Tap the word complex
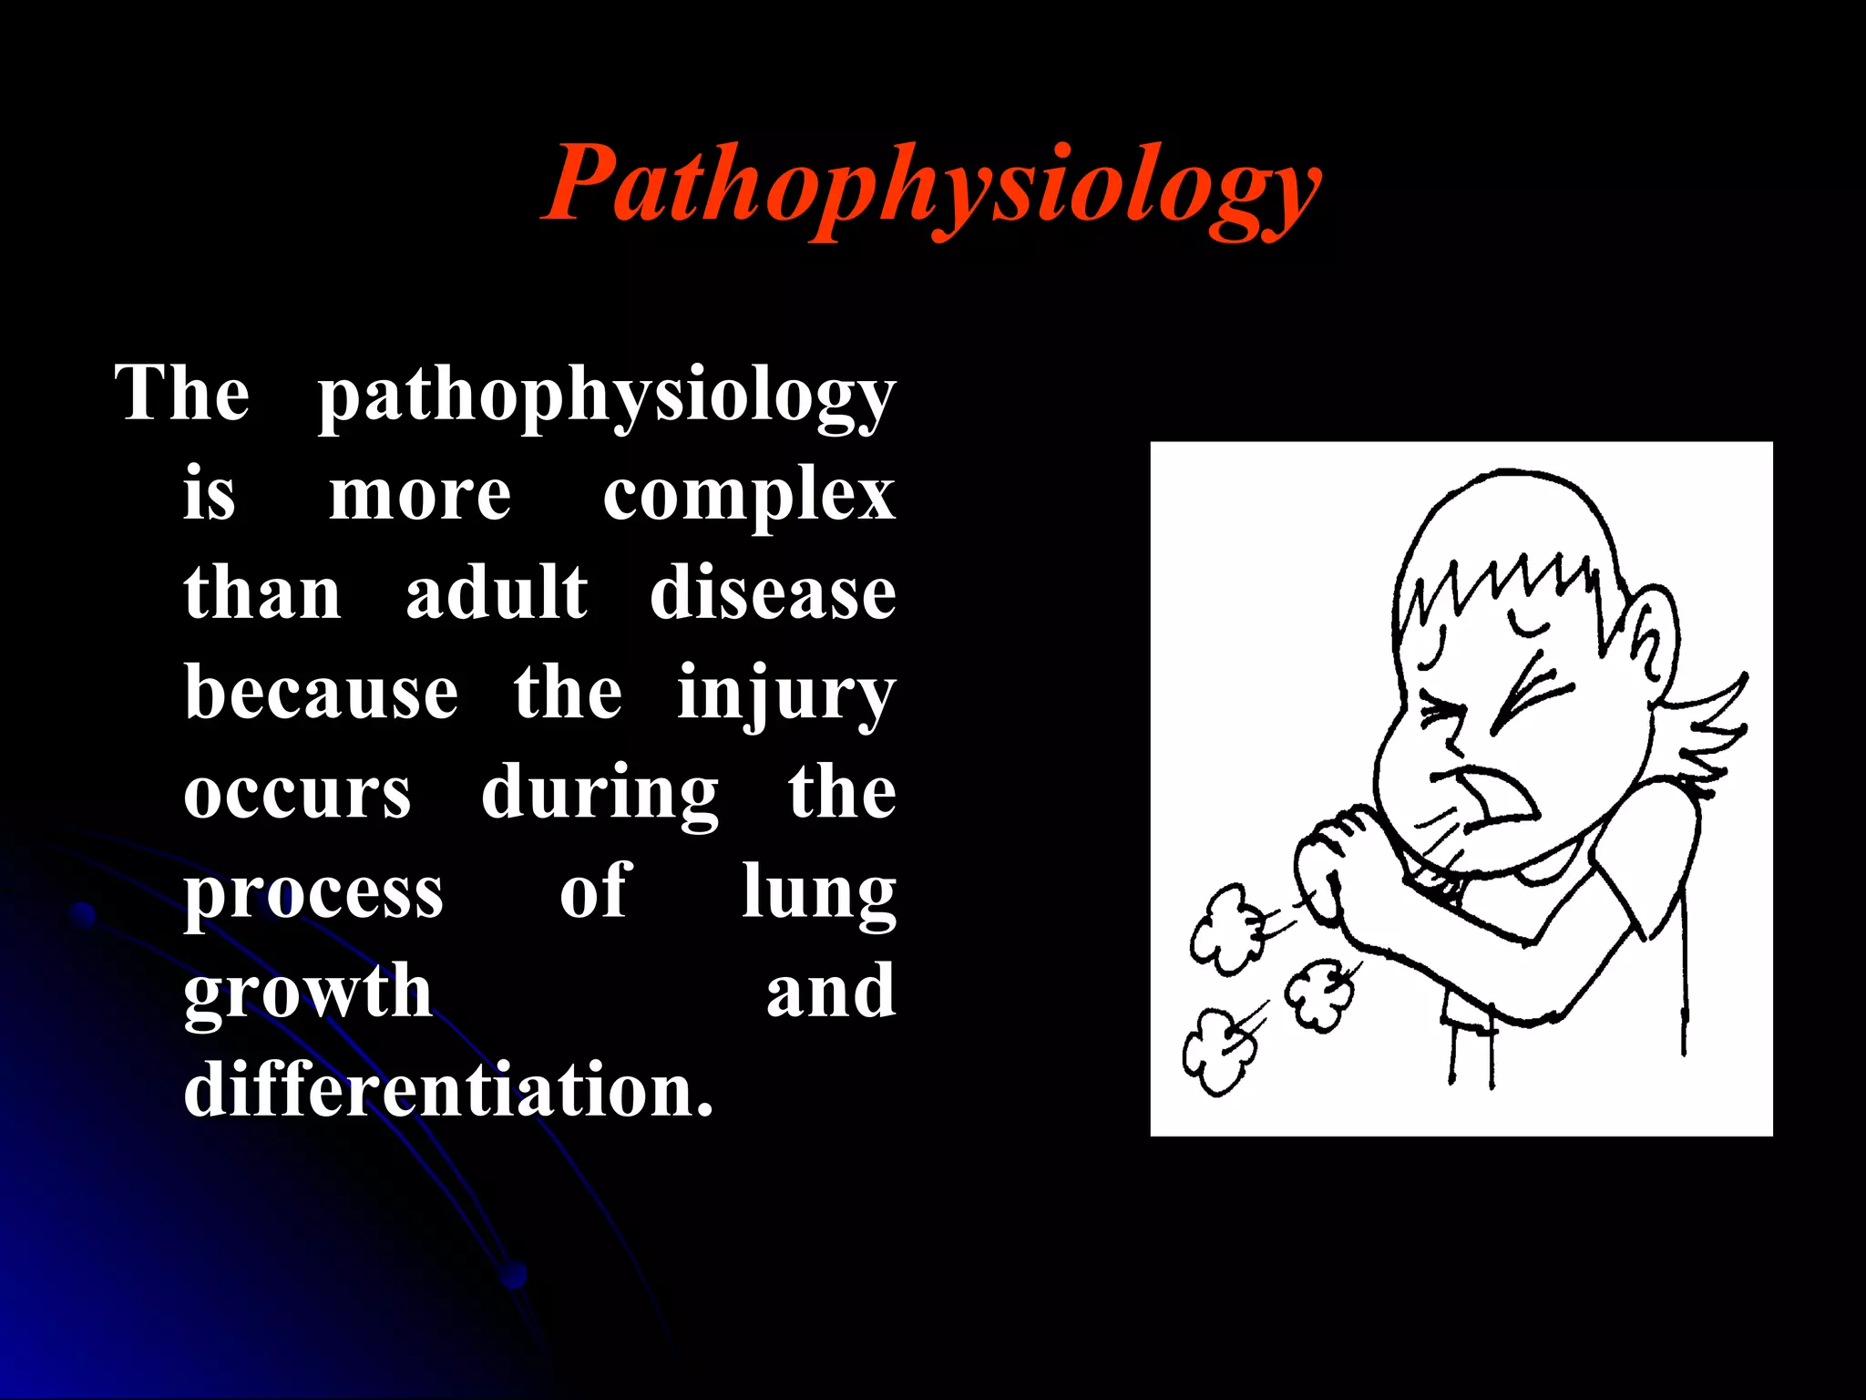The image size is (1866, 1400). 749,496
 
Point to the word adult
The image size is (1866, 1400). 497,593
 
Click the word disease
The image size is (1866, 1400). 773,593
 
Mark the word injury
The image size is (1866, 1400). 786,695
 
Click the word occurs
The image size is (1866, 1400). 297,793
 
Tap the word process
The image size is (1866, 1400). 313,894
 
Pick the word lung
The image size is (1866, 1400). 818,894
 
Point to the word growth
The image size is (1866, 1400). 308,993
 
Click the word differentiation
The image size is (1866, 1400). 448,1090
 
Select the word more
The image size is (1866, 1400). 420,497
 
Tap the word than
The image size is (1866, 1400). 262,593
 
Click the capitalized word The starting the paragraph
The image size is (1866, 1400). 182,394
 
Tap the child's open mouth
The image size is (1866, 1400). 1494,802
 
